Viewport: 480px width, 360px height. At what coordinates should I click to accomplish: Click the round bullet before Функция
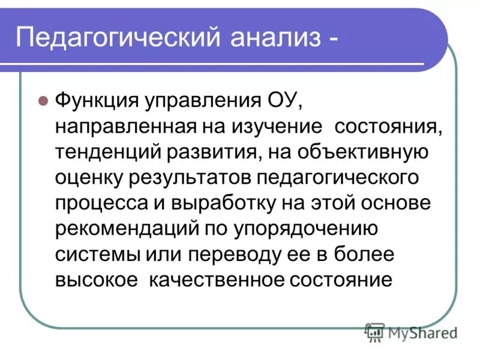click(x=43, y=101)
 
